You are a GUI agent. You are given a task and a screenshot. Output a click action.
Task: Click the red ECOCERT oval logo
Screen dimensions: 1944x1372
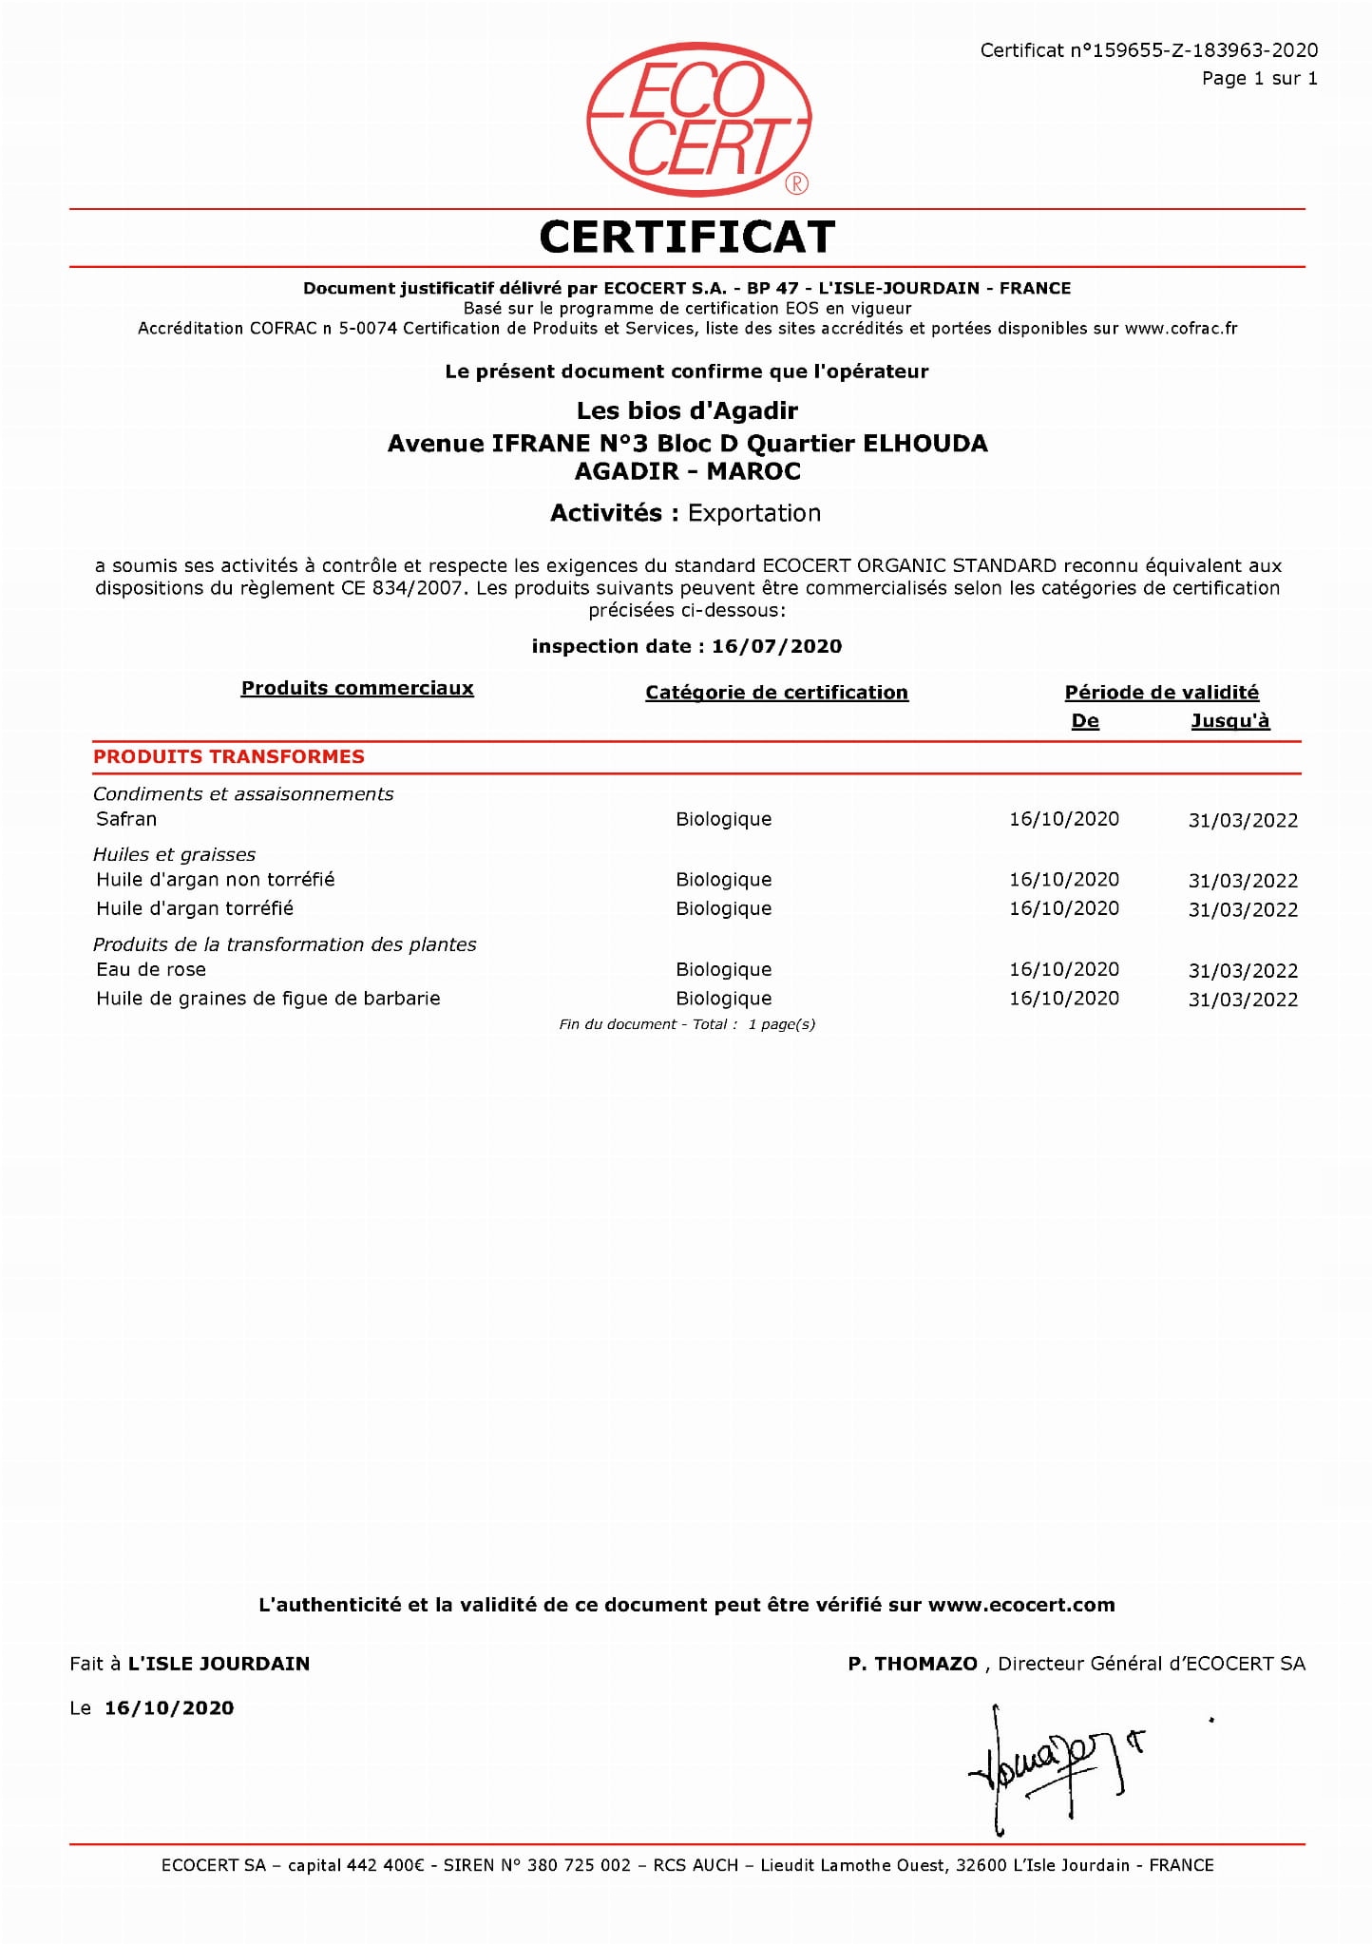coord(698,121)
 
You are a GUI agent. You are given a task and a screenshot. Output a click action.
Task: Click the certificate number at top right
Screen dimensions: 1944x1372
coord(1148,50)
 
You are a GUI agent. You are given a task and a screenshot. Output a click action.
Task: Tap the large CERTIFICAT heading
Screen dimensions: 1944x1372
coord(687,238)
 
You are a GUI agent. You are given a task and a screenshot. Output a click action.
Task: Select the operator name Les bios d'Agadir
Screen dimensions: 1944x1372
coord(687,410)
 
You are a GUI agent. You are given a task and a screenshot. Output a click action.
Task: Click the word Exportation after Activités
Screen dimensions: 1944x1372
coord(753,513)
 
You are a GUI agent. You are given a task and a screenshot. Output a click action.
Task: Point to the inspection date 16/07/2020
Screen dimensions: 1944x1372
coord(776,646)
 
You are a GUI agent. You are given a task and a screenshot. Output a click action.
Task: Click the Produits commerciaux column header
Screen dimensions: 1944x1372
coord(357,688)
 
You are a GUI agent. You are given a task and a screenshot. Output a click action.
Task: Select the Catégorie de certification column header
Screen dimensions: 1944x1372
coord(776,693)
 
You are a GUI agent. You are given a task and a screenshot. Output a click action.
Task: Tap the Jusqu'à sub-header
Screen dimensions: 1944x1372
coord(1229,721)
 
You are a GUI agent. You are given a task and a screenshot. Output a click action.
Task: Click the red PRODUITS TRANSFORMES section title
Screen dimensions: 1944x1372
coord(229,756)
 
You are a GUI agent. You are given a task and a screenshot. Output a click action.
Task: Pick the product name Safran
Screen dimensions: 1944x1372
coord(126,819)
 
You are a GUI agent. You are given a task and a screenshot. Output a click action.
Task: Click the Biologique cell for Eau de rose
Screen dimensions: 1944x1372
coord(723,969)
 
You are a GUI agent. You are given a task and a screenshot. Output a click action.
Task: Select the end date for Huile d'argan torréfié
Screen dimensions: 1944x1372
coord(1242,909)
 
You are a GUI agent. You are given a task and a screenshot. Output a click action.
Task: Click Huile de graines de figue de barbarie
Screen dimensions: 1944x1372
coord(268,999)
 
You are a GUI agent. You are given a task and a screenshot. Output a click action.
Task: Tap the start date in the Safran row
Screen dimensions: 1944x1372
coord(1063,819)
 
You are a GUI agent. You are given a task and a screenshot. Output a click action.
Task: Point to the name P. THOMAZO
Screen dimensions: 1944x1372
coord(912,1664)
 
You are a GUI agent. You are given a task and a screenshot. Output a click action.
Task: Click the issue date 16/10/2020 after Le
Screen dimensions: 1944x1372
coord(169,1708)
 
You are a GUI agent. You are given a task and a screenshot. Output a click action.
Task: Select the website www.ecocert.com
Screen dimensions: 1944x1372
coord(1020,1605)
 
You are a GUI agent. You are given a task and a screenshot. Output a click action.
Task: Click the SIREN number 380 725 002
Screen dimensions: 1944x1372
coord(578,1865)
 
